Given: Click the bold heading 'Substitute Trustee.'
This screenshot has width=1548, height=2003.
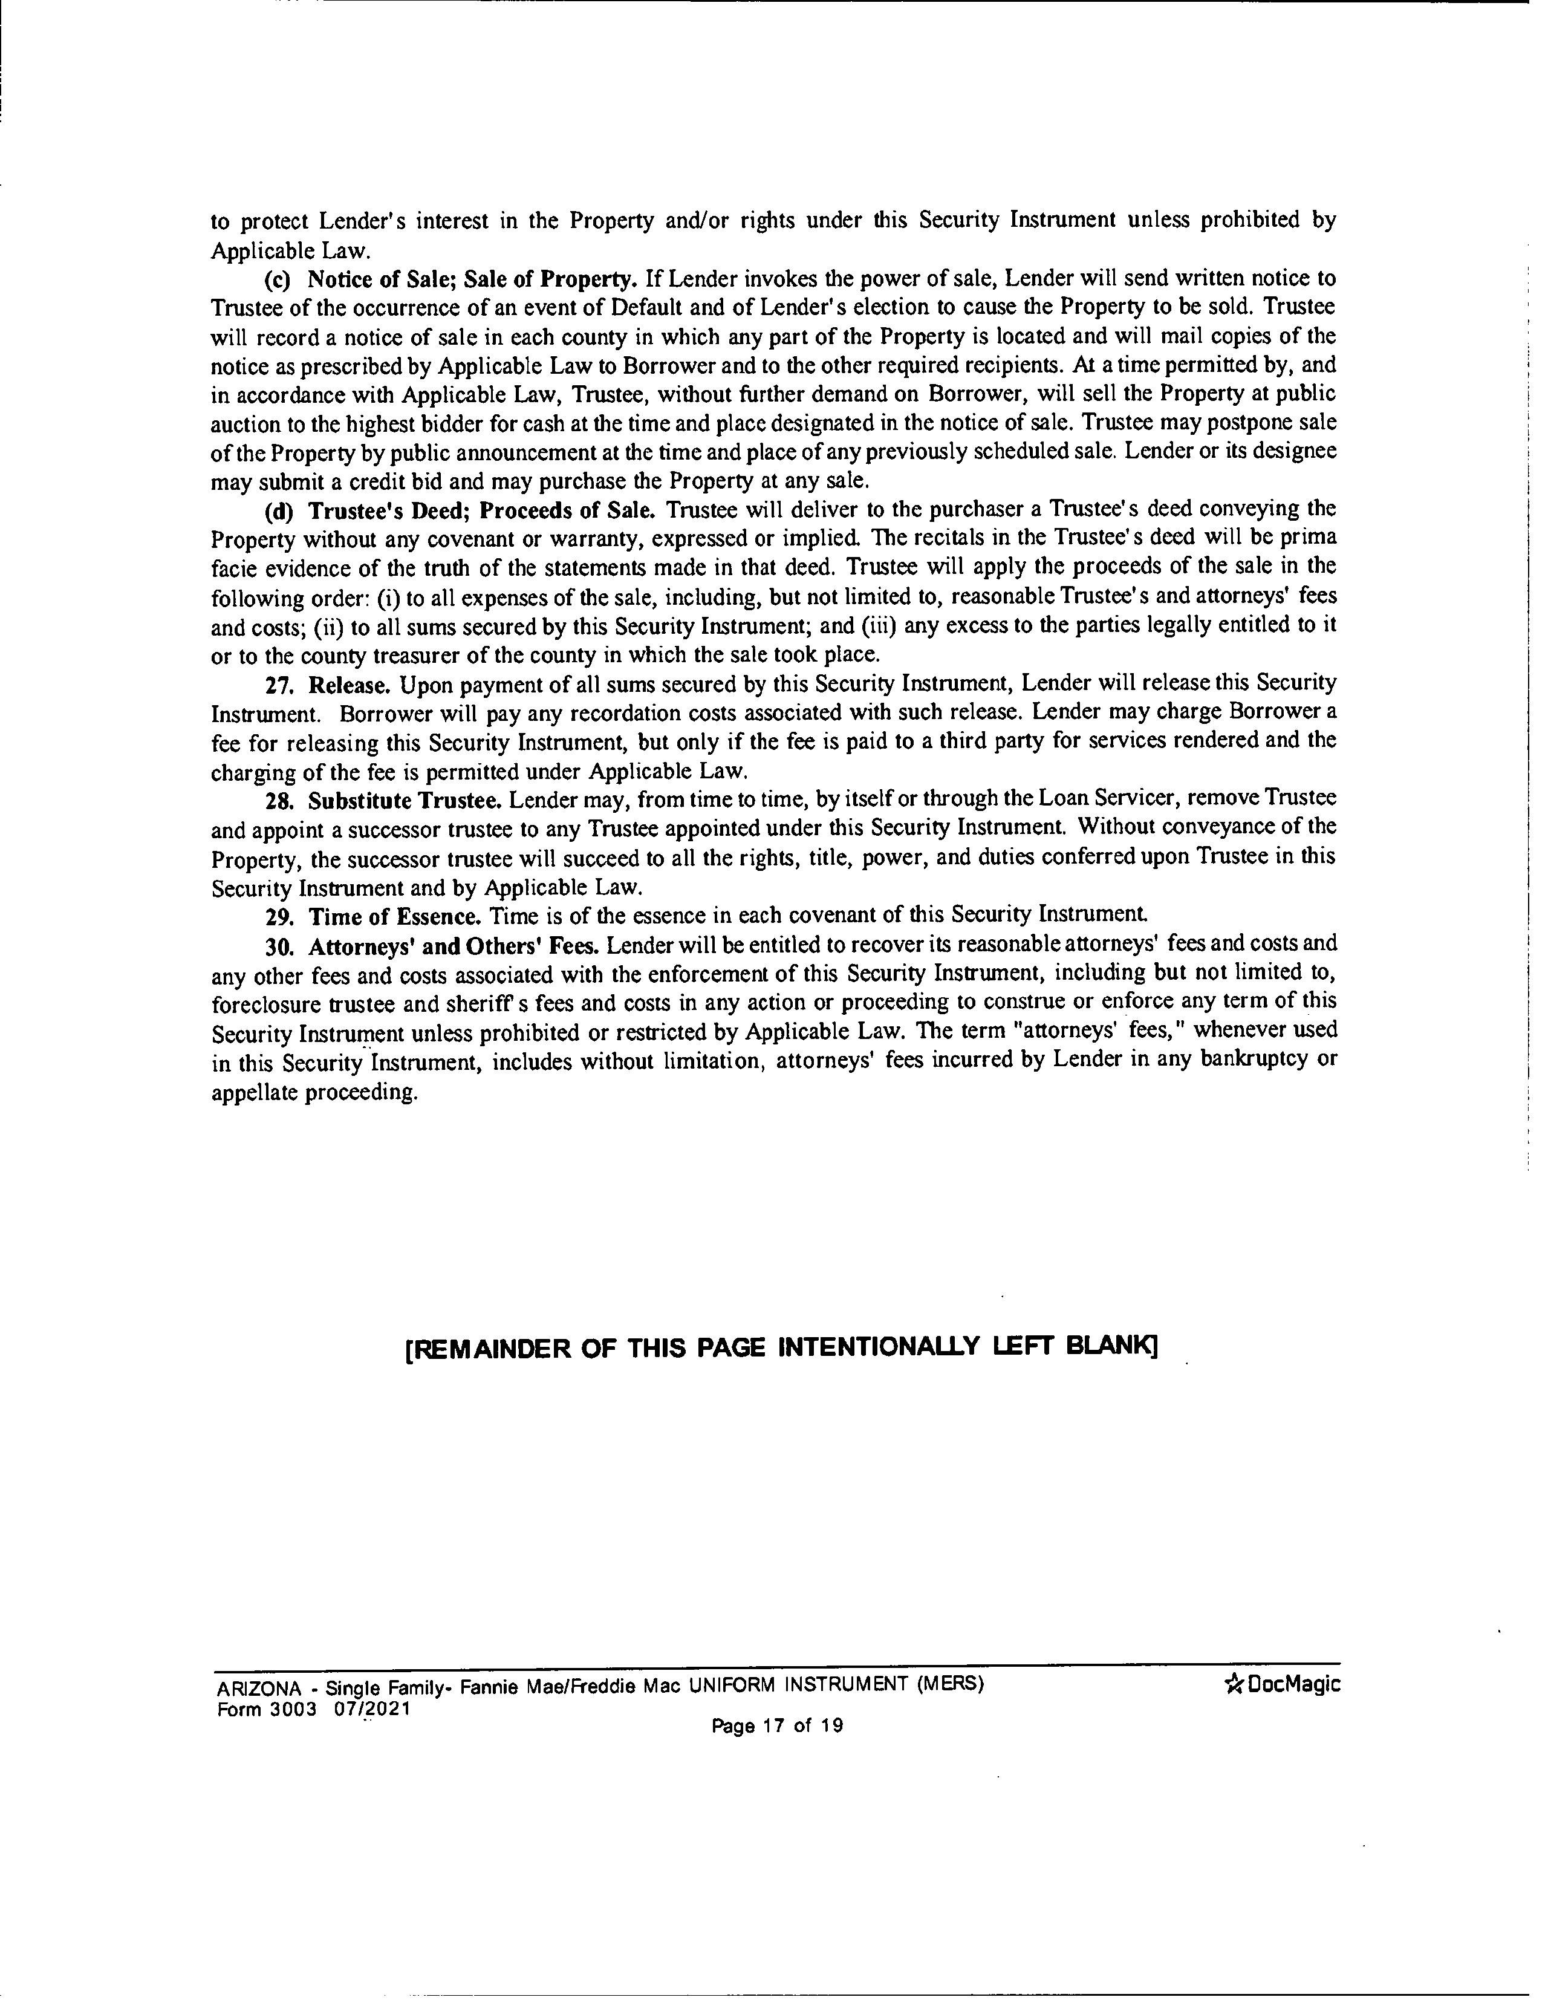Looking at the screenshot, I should click(405, 801).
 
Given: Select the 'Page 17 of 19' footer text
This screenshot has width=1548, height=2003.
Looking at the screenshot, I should click(777, 1726).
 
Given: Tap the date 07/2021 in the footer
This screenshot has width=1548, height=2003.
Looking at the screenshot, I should click(372, 1710).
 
